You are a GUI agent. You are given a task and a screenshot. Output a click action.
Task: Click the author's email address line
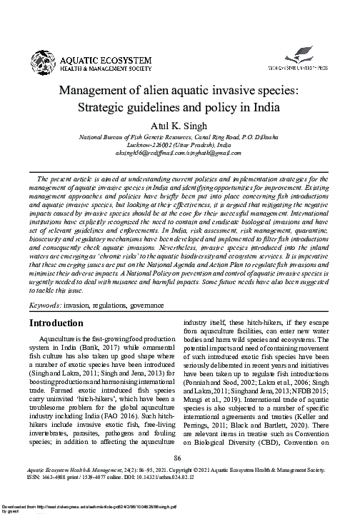pyautogui.click(x=180, y=153)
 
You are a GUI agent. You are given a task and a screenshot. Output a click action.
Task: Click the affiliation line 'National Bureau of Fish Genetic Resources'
pyautogui.click(x=180, y=136)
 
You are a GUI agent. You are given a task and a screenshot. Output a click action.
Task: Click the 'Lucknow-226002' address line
pyautogui.click(x=180, y=144)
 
